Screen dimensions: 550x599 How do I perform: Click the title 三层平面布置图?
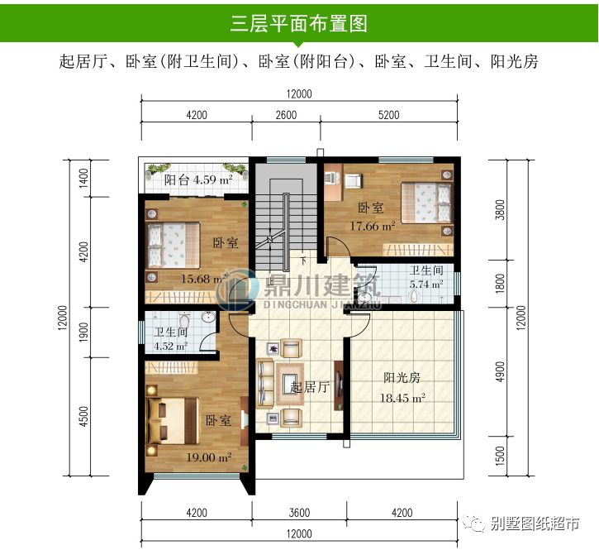pyautogui.click(x=298, y=22)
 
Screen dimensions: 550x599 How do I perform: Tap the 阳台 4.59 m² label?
pyautogui.click(x=197, y=179)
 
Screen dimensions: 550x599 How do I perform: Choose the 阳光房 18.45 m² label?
pyautogui.click(x=403, y=388)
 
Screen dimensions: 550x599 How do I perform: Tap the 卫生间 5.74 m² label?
pyautogui.click(x=426, y=278)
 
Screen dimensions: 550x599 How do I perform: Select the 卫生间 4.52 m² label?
pyautogui.click(x=171, y=340)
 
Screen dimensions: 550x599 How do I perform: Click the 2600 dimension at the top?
pyautogui.click(x=285, y=115)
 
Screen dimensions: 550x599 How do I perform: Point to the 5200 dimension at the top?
pyautogui.click(x=388, y=115)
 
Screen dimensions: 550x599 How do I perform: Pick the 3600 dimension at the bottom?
pyautogui.click(x=299, y=513)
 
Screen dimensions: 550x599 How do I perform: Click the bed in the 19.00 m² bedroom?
pyautogui.click(x=170, y=423)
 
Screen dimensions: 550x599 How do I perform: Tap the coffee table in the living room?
pyautogui.click(x=295, y=381)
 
